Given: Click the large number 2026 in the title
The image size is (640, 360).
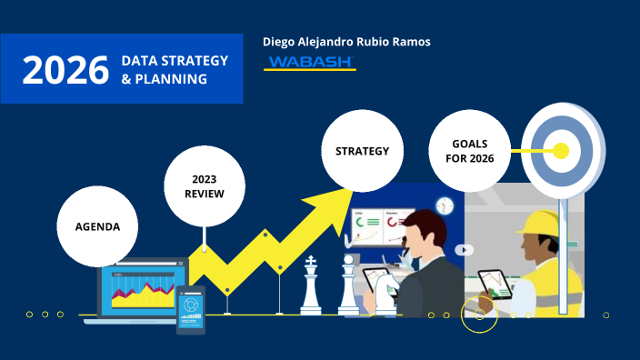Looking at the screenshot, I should [65, 70].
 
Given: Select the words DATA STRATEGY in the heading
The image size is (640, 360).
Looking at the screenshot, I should [175, 60].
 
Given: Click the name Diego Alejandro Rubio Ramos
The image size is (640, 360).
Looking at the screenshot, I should [346, 42].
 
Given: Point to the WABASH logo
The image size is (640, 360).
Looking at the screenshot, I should [310, 63].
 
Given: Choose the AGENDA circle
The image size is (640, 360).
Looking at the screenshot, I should [98, 225].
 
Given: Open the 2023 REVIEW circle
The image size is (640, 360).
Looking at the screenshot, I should [205, 186].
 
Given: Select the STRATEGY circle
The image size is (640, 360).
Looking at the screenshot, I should [363, 151].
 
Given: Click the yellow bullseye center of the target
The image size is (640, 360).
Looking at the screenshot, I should [561, 150].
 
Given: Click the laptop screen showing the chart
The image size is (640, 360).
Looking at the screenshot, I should [142, 289].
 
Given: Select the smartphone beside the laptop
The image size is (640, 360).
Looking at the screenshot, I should [190, 308].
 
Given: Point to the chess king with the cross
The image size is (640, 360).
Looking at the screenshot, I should [312, 286].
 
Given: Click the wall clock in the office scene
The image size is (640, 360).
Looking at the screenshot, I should [445, 206].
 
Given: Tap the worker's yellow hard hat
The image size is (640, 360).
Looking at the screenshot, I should [536, 224].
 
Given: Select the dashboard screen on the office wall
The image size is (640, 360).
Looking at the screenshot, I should [377, 226].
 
